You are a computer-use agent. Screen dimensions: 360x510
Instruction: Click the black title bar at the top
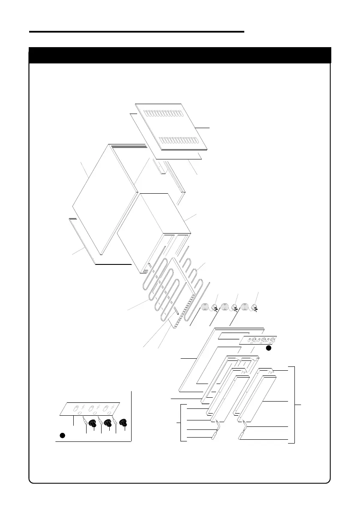[x=180, y=55]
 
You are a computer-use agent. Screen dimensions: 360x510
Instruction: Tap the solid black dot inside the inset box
[x=62, y=436]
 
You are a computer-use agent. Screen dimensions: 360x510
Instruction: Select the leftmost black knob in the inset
[x=91, y=424]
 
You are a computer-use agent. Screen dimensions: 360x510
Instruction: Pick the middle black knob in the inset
[x=107, y=424]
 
